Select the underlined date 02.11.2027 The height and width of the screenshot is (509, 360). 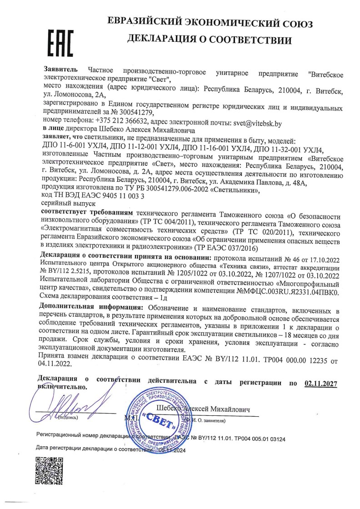point(320,384)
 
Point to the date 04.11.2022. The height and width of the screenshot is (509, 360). point(55,364)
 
